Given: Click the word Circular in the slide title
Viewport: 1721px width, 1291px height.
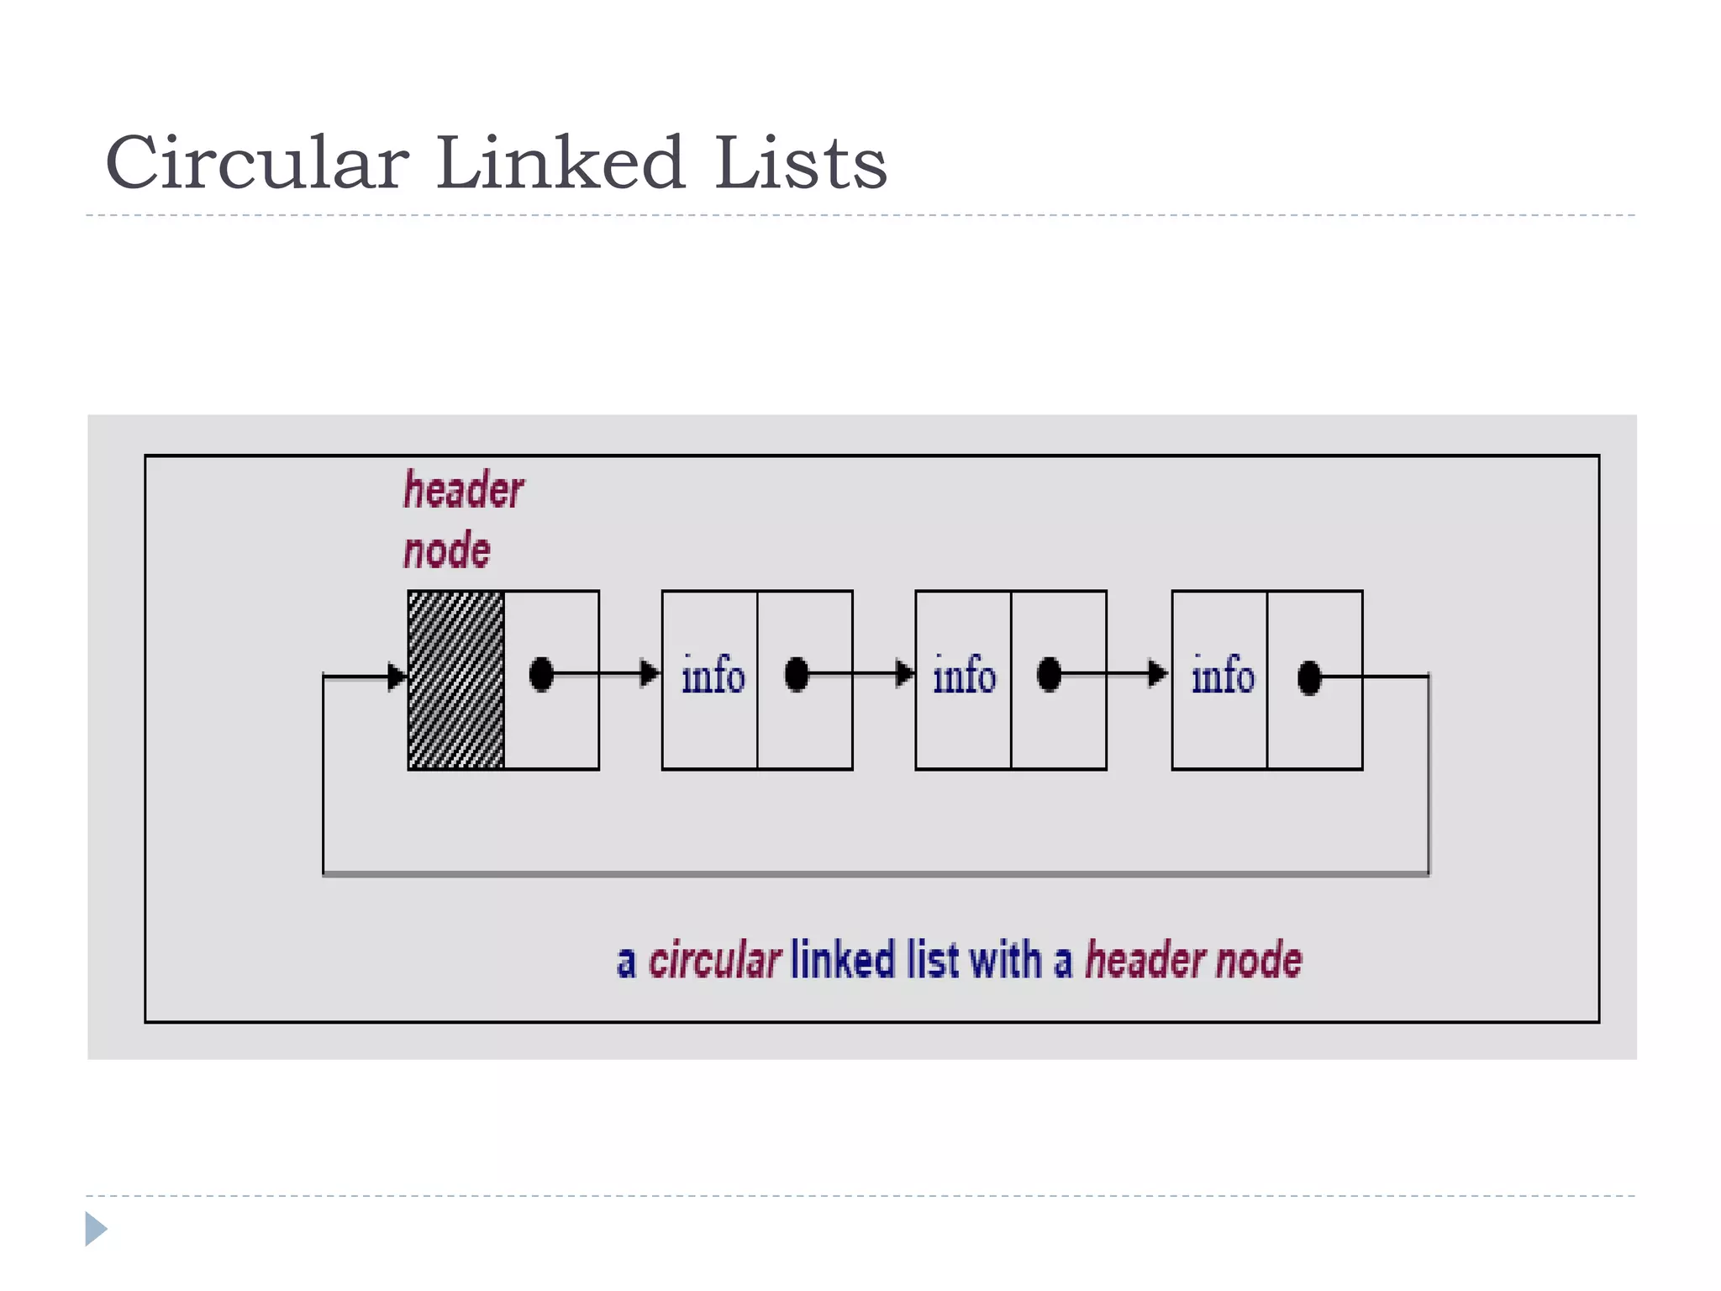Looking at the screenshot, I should click(x=257, y=163).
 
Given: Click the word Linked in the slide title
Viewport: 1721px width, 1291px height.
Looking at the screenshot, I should click(x=561, y=163).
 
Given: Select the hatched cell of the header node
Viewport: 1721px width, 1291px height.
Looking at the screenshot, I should click(x=455, y=679).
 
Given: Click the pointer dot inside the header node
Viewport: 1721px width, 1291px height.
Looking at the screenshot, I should click(x=541, y=674).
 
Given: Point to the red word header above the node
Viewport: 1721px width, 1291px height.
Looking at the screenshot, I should click(x=463, y=490).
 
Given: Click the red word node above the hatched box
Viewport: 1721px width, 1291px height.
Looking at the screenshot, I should click(x=446, y=551).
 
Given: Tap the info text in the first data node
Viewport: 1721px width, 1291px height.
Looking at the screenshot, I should click(x=713, y=676).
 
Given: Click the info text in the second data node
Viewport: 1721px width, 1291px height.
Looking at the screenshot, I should click(x=964, y=676).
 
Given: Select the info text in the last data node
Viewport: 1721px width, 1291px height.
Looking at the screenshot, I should click(x=1223, y=676).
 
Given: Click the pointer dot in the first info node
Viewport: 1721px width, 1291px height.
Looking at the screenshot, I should click(x=796, y=674).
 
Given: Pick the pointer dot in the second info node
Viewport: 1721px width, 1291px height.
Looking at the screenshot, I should click(x=1049, y=674).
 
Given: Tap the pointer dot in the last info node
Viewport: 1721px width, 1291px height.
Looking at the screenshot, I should click(x=1309, y=677).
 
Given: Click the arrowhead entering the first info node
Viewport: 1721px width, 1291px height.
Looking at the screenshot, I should click(x=650, y=673).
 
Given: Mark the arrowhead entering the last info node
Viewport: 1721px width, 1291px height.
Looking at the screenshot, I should click(x=1158, y=673).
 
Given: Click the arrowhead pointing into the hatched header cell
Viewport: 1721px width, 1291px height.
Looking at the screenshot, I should click(x=396, y=676).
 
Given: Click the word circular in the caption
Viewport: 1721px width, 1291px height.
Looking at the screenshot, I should click(x=714, y=960).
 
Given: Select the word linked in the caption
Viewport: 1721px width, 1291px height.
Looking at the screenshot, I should click(x=843, y=960).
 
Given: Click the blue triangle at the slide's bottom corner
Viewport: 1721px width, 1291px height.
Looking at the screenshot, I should click(x=95, y=1229).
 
